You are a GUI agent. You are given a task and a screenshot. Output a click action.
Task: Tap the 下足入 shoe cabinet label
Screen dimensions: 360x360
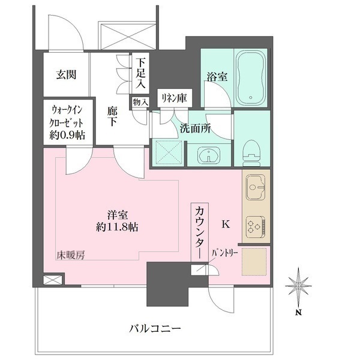pyautogui.click(x=140, y=73)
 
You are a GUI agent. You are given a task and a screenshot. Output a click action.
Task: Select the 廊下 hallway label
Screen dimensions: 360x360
pyautogui.click(x=113, y=116)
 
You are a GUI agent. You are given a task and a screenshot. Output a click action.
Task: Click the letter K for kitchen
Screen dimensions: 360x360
pyautogui.click(x=226, y=224)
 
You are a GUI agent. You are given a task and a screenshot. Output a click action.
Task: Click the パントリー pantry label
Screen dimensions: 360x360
pyautogui.click(x=225, y=254)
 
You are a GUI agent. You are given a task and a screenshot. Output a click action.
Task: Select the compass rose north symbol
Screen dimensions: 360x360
pyautogui.click(x=298, y=287)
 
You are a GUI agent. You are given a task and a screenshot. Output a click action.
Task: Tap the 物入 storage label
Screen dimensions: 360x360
pyautogui.click(x=140, y=103)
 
